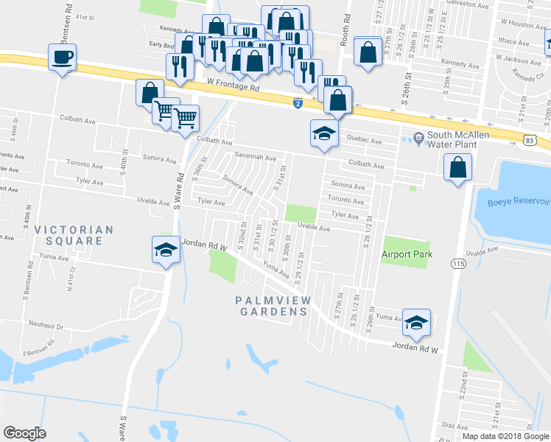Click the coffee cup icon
63,56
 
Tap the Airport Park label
406,255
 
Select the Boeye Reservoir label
518,201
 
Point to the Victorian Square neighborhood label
73,235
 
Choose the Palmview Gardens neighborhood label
273,306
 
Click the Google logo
24,433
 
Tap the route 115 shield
460,263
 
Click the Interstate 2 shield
297,104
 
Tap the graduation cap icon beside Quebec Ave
323,133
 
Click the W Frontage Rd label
234,87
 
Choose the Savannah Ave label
255,158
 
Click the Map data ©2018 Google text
505,436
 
